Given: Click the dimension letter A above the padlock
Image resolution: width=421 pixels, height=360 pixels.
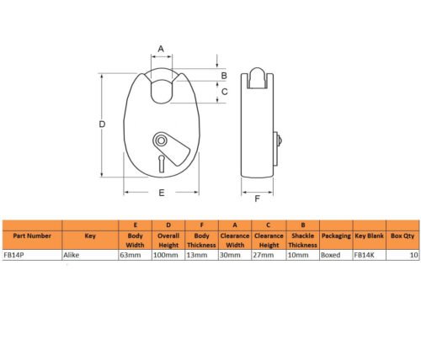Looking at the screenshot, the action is pyautogui.click(x=161, y=49).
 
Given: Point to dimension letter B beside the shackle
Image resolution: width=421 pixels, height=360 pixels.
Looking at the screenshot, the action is pyautogui.click(x=224, y=76).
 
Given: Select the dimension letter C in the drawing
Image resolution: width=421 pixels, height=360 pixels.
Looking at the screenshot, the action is pyautogui.click(x=225, y=92).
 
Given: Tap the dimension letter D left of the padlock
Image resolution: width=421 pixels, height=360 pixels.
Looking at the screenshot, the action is pyautogui.click(x=102, y=124).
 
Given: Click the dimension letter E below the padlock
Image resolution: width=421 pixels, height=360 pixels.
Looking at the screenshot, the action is pyautogui.click(x=162, y=193).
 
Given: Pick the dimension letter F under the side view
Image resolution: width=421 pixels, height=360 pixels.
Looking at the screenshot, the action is pyautogui.click(x=257, y=199).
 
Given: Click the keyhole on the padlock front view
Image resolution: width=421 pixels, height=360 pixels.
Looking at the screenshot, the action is pyautogui.click(x=162, y=164).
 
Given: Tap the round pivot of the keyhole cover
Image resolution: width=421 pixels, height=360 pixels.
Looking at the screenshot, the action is pyautogui.click(x=161, y=140).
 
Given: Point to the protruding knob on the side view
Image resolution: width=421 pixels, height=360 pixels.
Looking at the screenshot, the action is pyautogui.click(x=279, y=140).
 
